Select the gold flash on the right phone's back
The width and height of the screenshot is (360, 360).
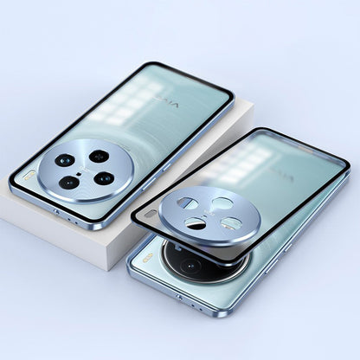point(148,257)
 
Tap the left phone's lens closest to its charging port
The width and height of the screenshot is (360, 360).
point(67,183)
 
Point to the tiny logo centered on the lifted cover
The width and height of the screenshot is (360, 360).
point(209,213)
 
